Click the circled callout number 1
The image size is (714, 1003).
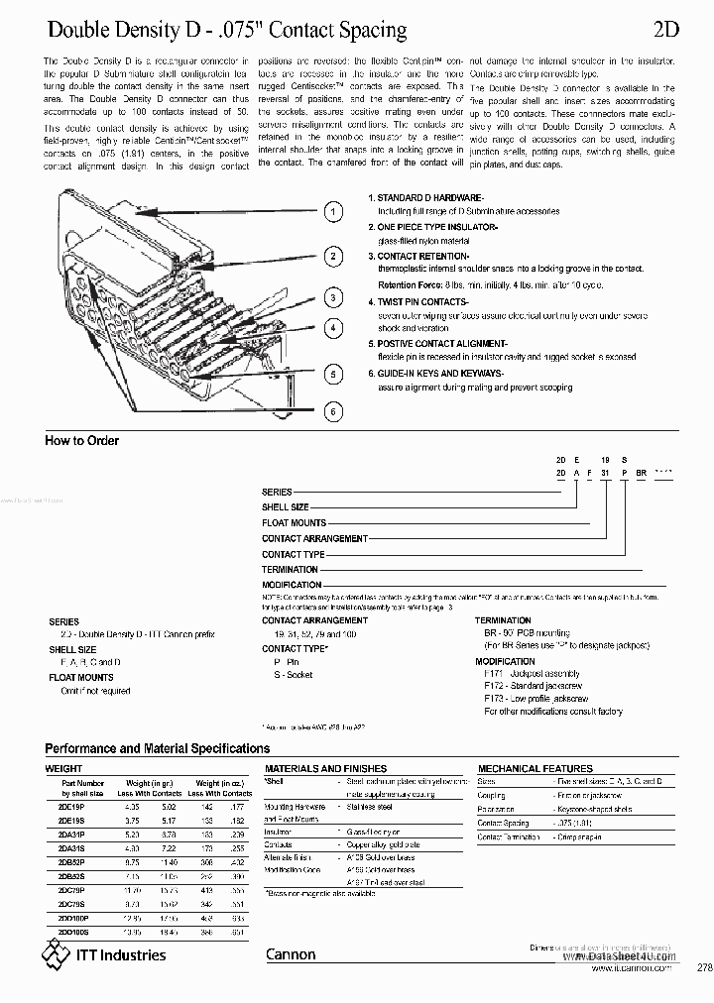tap(335, 211)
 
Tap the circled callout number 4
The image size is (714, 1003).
tap(335, 328)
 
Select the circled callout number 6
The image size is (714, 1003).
tap(335, 410)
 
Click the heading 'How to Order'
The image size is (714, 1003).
tap(82, 441)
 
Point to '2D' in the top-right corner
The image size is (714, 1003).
tap(665, 31)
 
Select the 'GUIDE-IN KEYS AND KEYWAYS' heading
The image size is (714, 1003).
tap(440, 373)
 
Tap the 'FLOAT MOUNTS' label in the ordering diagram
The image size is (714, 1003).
tap(294, 522)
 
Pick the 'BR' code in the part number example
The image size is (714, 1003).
tap(642, 475)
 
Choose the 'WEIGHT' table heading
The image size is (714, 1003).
tap(64, 768)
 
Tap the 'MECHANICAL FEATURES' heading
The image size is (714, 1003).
tap(535, 768)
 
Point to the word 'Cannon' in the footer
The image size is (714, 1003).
tap(291, 954)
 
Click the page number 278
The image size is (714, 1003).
tap(704, 967)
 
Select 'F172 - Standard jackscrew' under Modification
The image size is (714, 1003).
tap(535, 686)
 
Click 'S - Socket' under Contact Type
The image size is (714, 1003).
tap(287, 675)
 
